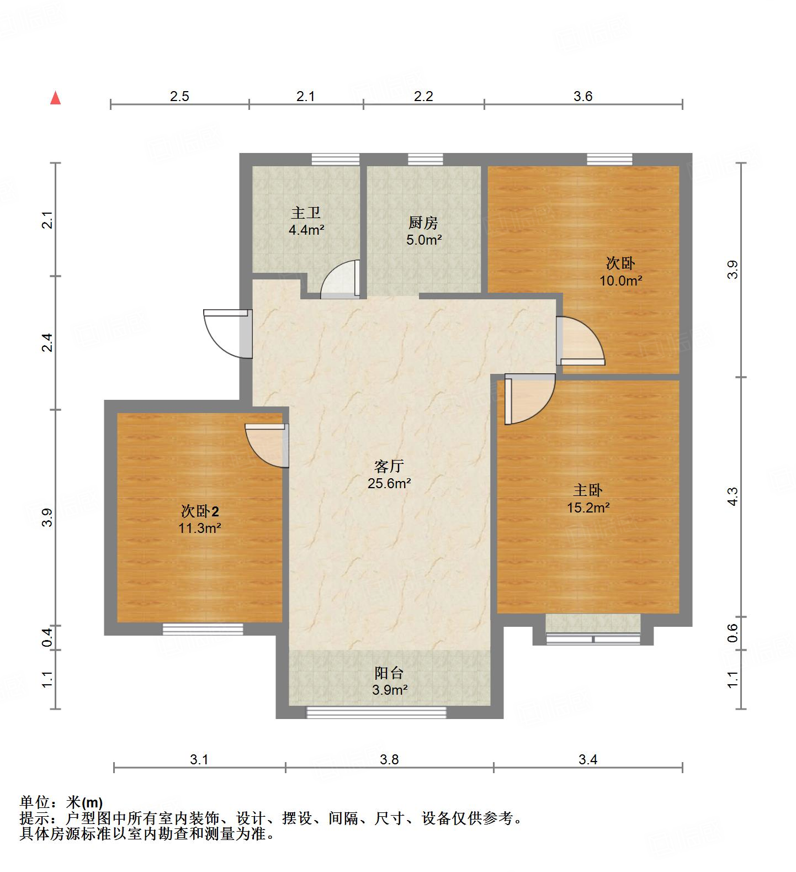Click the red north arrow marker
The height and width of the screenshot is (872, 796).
click(x=55, y=98)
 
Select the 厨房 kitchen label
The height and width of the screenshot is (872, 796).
click(x=423, y=223)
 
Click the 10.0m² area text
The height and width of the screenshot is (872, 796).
click(x=620, y=281)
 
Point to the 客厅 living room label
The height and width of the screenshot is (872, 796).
click(x=389, y=467)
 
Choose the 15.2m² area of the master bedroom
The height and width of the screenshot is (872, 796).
click(x=588, y=508)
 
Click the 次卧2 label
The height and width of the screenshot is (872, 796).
click(x=199, y=511)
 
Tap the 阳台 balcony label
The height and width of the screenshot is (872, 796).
click(x=389, y=673)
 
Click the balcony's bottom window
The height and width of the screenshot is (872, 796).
click(x=376, y=713)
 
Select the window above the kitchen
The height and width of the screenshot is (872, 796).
click(x=425, y=159)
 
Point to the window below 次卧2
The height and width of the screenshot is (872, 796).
click(x=203, y=629)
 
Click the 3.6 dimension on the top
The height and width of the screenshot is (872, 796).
click(x=582, y=97)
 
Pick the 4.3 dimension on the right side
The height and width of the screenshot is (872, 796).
click(x=732, y=496)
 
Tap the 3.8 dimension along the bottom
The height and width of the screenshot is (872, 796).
click(x=389, y=760)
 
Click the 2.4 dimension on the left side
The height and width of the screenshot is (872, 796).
click(x=49, y=343)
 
